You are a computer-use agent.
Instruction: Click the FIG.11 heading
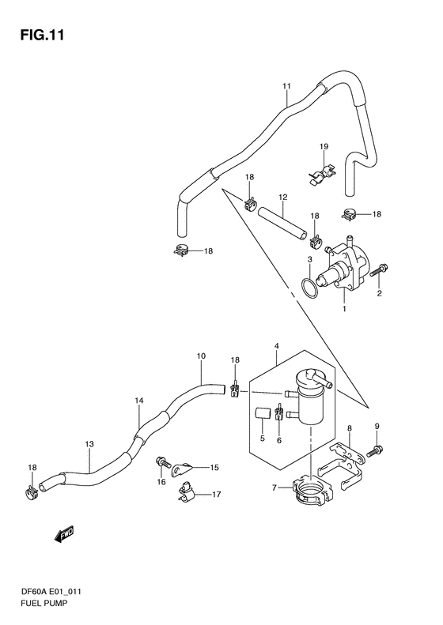(x=42, y=36)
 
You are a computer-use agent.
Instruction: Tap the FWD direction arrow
(x=64, y=533)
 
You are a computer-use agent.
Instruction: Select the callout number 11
(x=286, y=86)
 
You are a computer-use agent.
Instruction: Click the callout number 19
(x=324, y=147)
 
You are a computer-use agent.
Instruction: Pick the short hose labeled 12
(x=283, y=225)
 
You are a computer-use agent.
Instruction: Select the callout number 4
(x=277, y=347)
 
